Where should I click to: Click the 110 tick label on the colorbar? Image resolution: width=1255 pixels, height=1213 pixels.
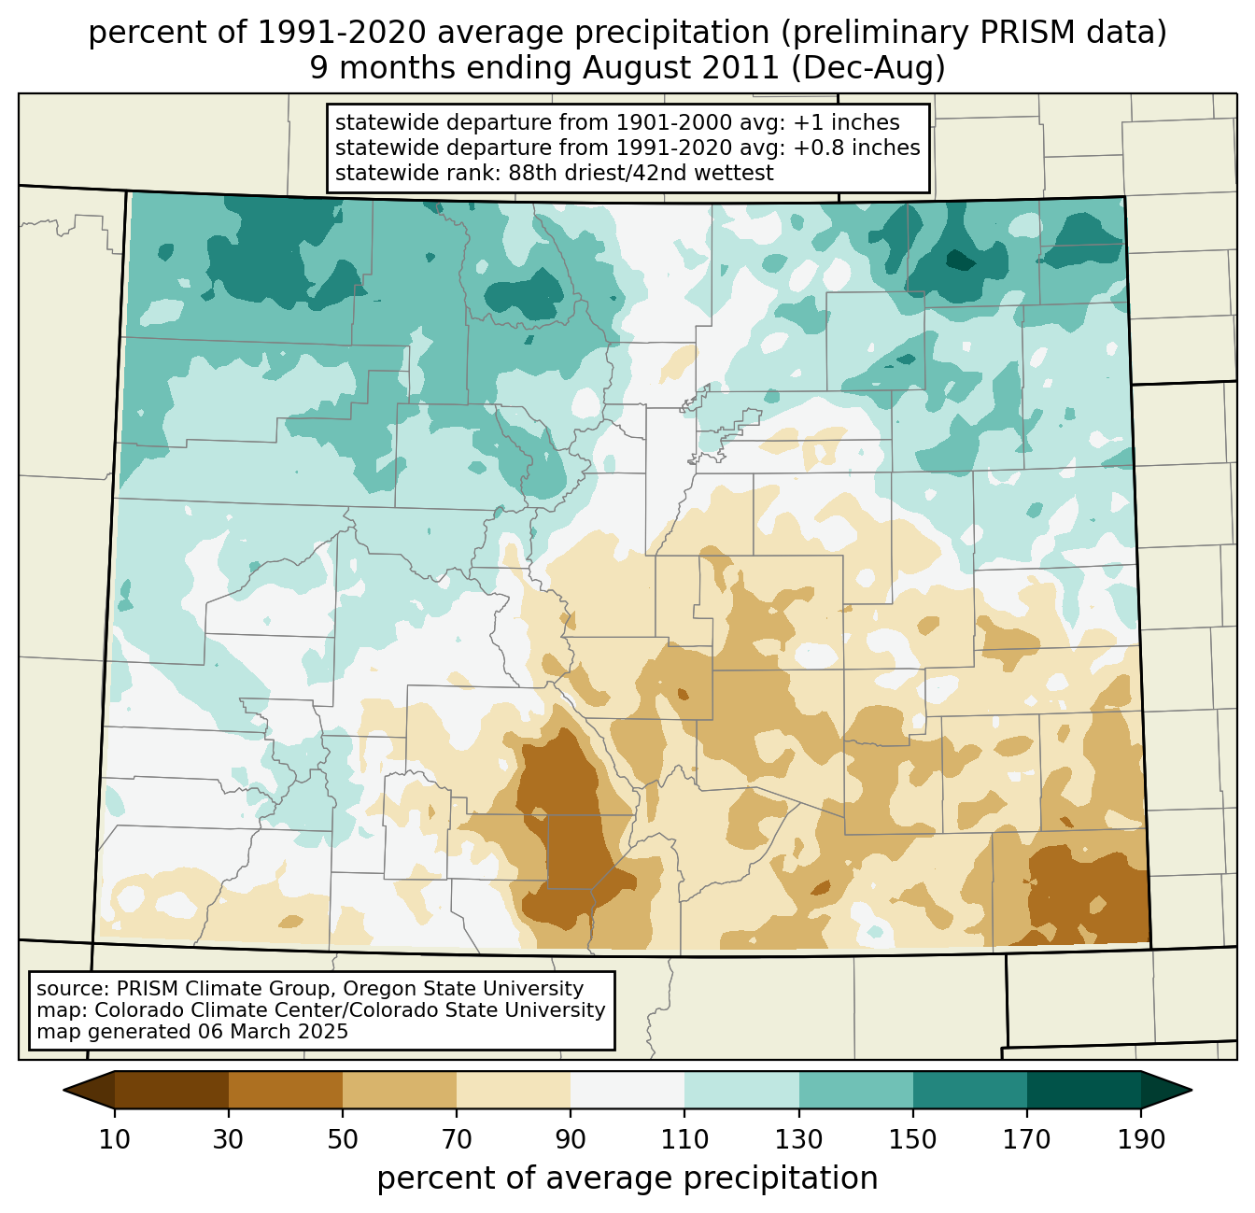click(684, 1140)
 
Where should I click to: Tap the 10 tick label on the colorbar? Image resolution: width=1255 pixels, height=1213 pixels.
click(115, 1140)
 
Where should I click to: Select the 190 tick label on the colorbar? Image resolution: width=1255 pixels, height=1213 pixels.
click(1141, 1140)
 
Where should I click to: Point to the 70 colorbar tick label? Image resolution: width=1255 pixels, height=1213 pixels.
click(457, 1140)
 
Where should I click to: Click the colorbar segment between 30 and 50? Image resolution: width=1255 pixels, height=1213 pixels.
click(286, 1090)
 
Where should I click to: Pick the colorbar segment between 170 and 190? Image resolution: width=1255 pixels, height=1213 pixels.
click(1084, 1090)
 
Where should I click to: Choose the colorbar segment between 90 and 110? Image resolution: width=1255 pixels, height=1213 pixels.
click(627, 1090)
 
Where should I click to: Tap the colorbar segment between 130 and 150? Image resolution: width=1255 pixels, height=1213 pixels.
click(856, 1090)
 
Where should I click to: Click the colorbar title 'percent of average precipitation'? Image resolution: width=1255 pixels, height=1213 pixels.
click(627, 1178)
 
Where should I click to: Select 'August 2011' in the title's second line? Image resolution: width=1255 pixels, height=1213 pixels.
click(680, 68)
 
